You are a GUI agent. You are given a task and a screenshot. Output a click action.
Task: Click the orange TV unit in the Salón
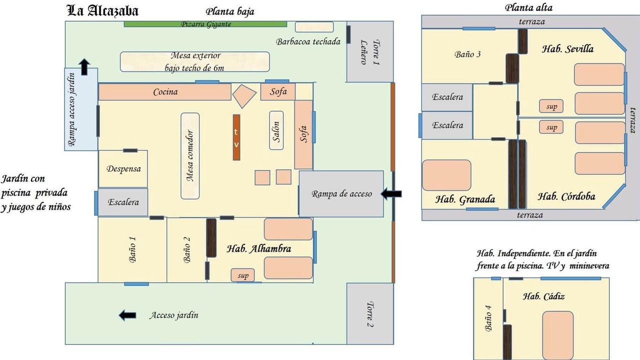[x=236, y=137]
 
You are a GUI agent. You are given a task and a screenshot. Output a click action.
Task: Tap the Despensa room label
[x=123, y=169]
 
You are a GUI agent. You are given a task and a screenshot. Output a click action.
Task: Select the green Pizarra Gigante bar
[x=205, y=24]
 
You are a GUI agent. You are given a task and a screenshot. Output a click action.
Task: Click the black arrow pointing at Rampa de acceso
[x=391, y=193]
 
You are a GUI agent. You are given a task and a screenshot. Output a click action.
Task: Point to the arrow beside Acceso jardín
[x=127, y=315]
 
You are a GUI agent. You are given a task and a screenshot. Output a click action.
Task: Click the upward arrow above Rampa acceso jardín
[x=84, y=67]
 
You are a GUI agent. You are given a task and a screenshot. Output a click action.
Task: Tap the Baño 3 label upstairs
[x=467, y=54]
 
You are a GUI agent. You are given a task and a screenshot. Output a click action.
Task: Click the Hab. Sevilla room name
[x=567, y=49]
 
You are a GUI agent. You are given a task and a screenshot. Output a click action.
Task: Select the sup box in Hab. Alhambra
[x=243, y=275]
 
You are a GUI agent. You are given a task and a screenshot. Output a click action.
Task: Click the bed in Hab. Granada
[x=446, y=175]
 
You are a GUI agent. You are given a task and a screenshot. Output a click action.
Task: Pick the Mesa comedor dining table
[x=190, y=156]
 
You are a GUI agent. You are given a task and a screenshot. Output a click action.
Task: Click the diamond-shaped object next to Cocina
[x=244, y=96]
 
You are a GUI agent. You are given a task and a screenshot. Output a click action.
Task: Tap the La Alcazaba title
[x=102, y=11]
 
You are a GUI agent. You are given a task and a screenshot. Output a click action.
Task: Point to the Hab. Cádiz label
[x=543, y=296]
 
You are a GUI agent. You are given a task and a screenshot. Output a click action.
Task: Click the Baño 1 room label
[x=132, y=249]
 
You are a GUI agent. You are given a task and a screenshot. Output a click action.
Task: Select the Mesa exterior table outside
[x=195, y=61]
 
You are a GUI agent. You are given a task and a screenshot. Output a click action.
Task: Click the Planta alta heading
[x=528, y=7]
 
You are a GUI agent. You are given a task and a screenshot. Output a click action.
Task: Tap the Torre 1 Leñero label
[x=369, y=52]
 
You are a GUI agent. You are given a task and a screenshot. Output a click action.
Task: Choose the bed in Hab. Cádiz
[x=558, y=335]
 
